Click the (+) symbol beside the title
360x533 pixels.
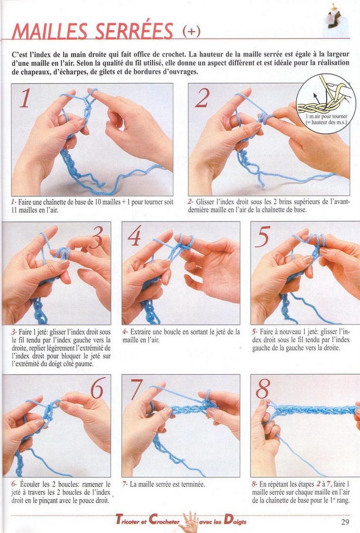[192, 31]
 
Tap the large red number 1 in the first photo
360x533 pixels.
[25, 98]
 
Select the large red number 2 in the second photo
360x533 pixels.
[203, 98]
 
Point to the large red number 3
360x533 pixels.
[97, 237]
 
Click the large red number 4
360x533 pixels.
[134, 236]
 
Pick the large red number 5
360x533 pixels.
[263, 236]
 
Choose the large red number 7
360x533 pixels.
[136, 389]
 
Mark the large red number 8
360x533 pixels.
[263, 389]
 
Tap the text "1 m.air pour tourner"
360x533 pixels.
[326, 117]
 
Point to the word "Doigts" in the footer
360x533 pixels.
[235, 521]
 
